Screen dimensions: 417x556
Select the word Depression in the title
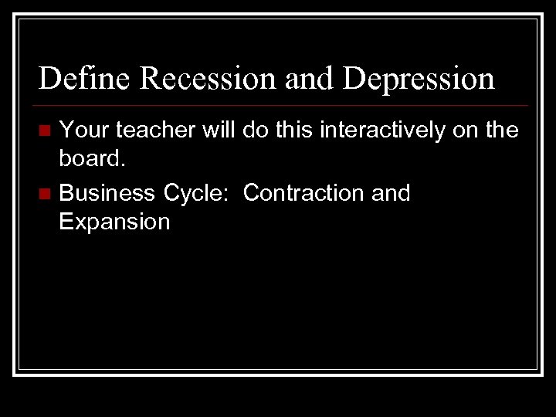[418, 79]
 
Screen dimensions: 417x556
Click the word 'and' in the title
[309, 79]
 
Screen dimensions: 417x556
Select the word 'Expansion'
[114, 222]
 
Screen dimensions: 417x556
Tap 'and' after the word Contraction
[391, 192]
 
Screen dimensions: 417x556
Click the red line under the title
[283, 105]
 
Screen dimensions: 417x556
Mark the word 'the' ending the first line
[500, 131]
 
